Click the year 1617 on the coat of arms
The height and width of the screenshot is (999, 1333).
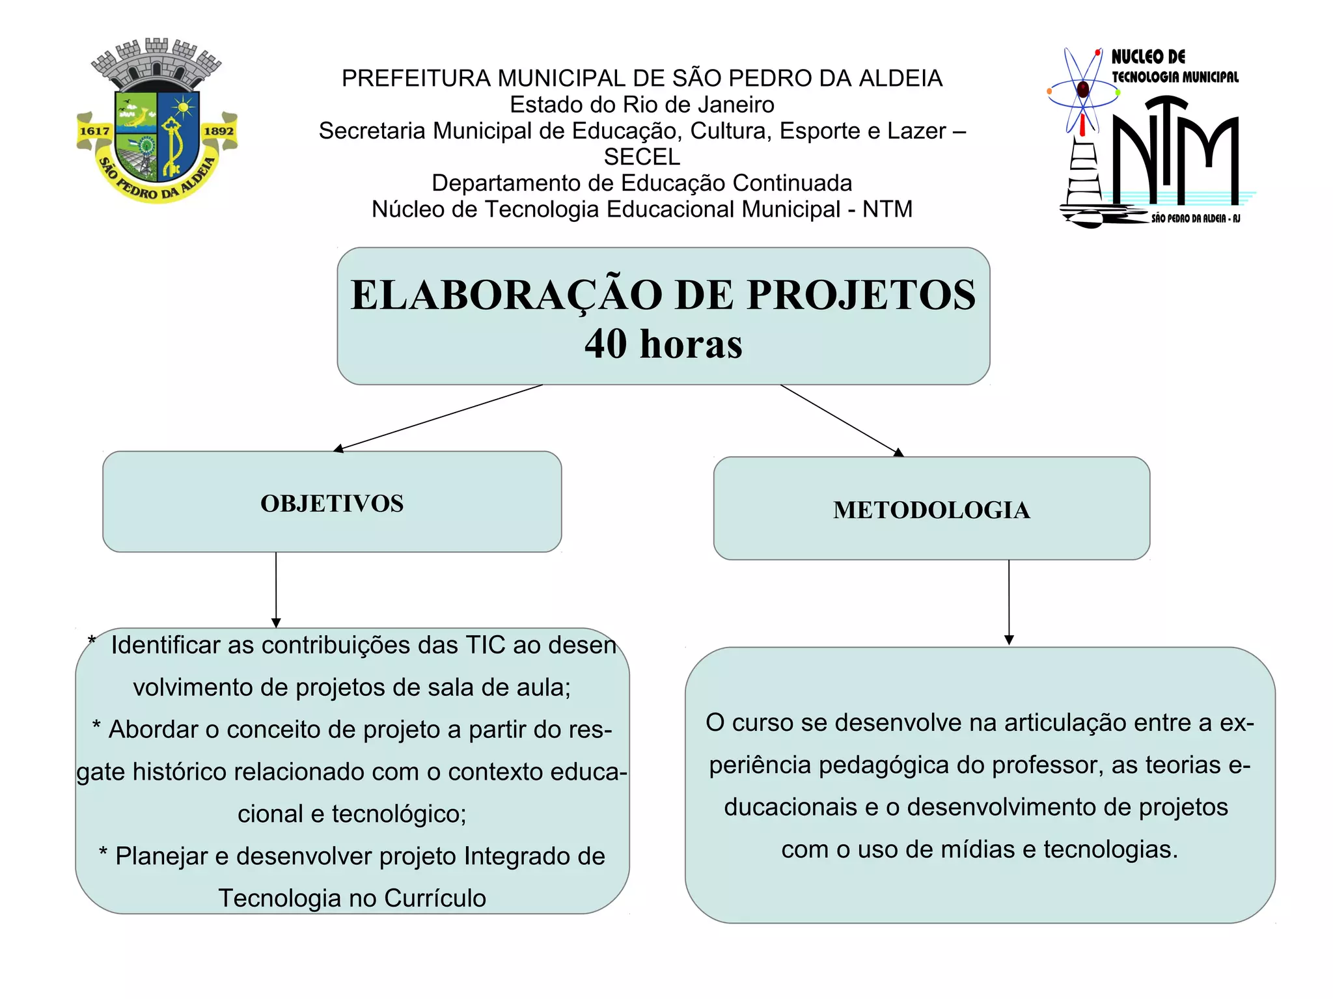(x=94, y=131)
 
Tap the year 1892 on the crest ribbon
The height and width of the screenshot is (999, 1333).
(x=219, y=131)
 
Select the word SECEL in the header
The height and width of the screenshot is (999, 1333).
(x=642, y=157)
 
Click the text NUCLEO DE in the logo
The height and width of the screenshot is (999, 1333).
(x=1148, y=57)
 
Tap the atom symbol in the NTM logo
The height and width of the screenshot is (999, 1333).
(x=1082, y=90)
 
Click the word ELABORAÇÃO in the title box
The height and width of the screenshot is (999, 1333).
(x=506, y=295)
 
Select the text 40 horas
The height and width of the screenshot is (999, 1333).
(x=663, y=344)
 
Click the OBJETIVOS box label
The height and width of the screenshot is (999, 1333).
(x=332, y=503)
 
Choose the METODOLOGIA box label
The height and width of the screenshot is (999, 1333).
(x=931, y=510)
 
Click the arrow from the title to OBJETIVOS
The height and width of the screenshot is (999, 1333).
(x=437, y=418)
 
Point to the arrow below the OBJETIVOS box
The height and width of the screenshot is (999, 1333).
(x=276, y=590)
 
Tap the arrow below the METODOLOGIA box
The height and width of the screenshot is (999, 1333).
(x=1009, y=602)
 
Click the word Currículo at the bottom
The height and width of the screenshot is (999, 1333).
(x=435, y=898)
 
